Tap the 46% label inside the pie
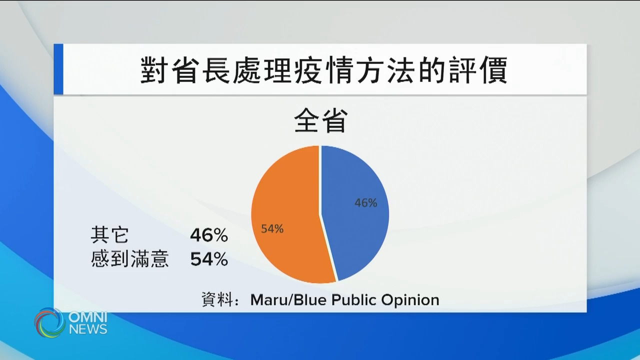(365, 203)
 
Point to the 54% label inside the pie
(272, 229)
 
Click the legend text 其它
(109, 234)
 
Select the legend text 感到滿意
(130, 259)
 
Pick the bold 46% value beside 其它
(209, 234)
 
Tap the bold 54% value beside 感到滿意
(209, 259)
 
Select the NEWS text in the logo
(88, 329)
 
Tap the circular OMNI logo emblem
(49, 322)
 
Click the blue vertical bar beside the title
(58, 69)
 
